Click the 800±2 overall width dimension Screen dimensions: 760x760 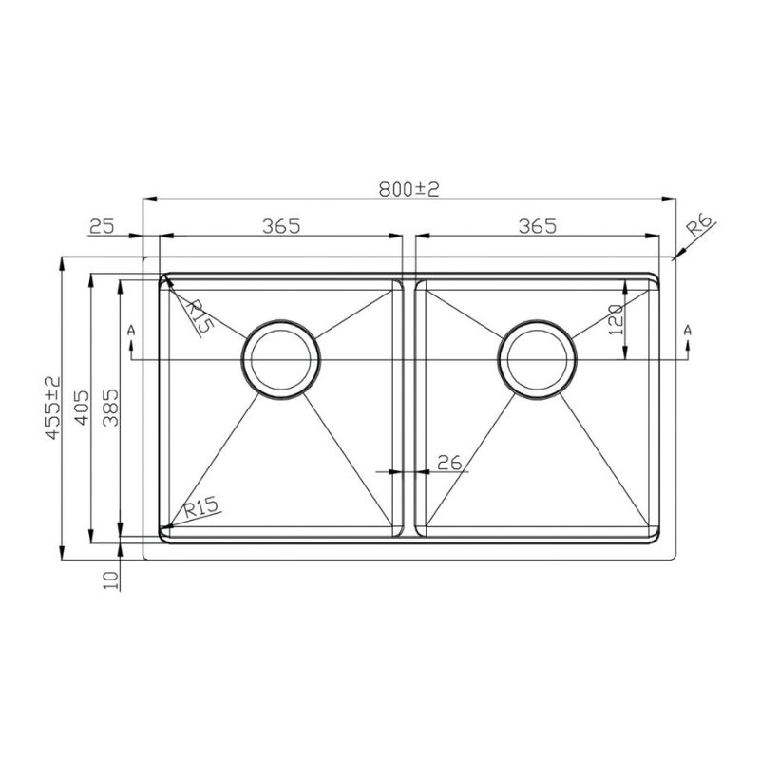click(x=409, y=189)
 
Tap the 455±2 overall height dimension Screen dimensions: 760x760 click(x=53, y=408)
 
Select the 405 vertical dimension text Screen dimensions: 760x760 click(x=82, y=408)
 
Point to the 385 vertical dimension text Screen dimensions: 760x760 click(x=110, y=408)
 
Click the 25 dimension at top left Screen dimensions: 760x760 click(x=102, y=226)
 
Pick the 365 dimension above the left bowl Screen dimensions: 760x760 click(x=281, y=226)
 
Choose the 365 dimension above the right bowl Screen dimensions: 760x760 click(x=538, y=226)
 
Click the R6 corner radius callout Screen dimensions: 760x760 click(x=701, y=226)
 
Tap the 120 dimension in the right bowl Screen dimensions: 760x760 click(x=615, y=320)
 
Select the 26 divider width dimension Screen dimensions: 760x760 click(x=449, y=464)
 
